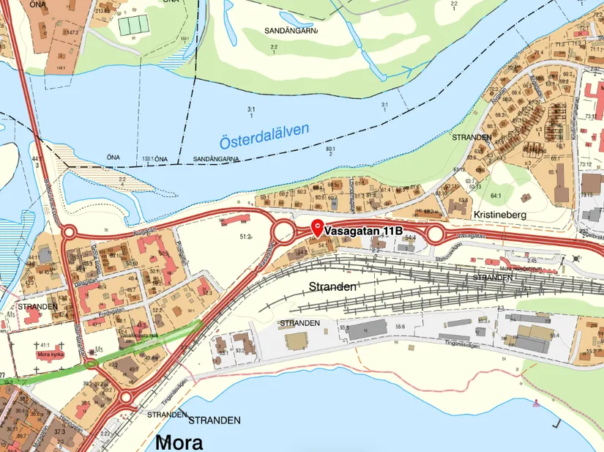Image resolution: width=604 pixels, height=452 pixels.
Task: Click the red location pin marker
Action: tap(317, 227)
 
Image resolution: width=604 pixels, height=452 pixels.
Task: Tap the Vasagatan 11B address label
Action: tap(363, 231)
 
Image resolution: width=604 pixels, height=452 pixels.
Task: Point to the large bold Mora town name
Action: tap(179, 442)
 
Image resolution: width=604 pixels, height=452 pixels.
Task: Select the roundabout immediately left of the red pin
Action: tap(283, 233)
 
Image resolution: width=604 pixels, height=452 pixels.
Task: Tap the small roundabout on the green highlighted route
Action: tap(91, 363)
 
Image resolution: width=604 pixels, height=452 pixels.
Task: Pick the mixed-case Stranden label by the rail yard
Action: tap(332, 286)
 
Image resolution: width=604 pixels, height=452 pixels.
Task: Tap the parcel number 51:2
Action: tap(246, 237)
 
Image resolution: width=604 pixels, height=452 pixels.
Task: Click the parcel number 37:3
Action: tap(59, 431)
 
